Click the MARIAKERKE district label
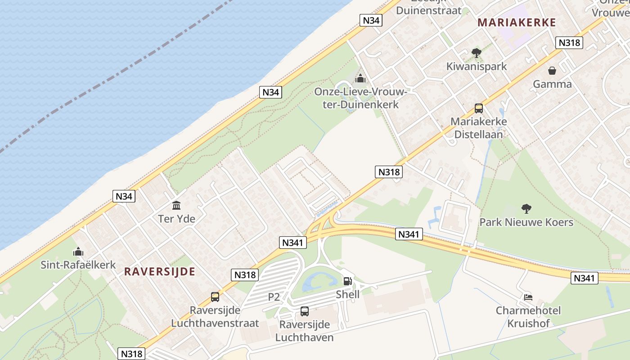tap(517, 22)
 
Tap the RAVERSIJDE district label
tap(159, 271)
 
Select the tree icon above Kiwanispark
tap(476, 53)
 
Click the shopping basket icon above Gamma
tap(552, 71)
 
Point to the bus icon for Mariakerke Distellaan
tap(478, 108)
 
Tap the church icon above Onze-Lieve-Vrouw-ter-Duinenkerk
tap(360, 79)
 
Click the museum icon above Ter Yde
tap(176, 206)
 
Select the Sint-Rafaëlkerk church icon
tap(78, 252)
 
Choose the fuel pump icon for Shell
tap(348, 281)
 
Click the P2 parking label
tap(274, 297)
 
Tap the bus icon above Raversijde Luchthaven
tap(305, 311)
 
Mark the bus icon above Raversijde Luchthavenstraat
tap(215, 297)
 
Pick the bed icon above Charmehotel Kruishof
tap(528, 297)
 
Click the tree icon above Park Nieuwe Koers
tap(526, 208)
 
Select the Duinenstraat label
tap(429, 10)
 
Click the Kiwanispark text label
tap(476, 67)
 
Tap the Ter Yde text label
tap(176, 219)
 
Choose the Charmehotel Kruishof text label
tap(528, 317)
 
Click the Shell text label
tap(348, 294)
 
